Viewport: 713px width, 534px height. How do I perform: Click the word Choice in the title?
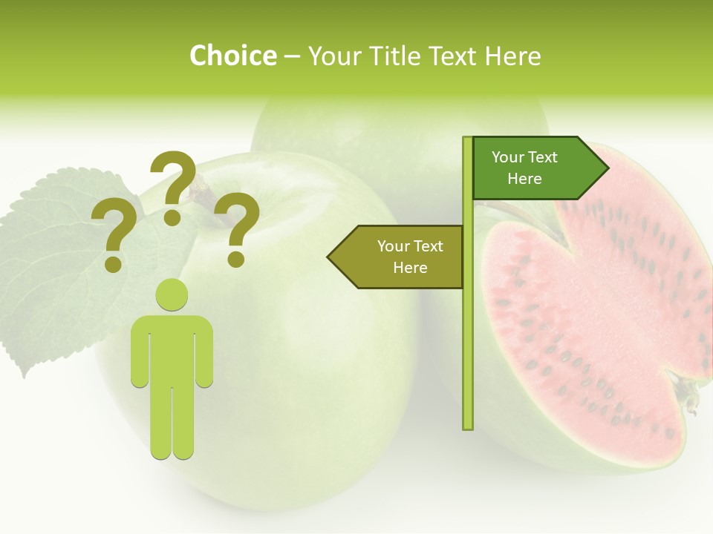pyautogui.click(x=232, y=56)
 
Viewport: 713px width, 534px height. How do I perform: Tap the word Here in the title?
pyautogui.click(x=512, y=56)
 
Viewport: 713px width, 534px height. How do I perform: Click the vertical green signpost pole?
pyautogui.click(x=468, y=334)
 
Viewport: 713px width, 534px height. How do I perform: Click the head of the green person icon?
pyautogui.click(x=172, y=295)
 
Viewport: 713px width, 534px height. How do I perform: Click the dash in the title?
pyautogui.click(x=292, y=57)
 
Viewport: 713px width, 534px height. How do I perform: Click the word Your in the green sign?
pyautogui.click(x=509, y=157)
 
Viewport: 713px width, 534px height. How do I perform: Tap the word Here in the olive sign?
pyautogui.click(x=410, y=268)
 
